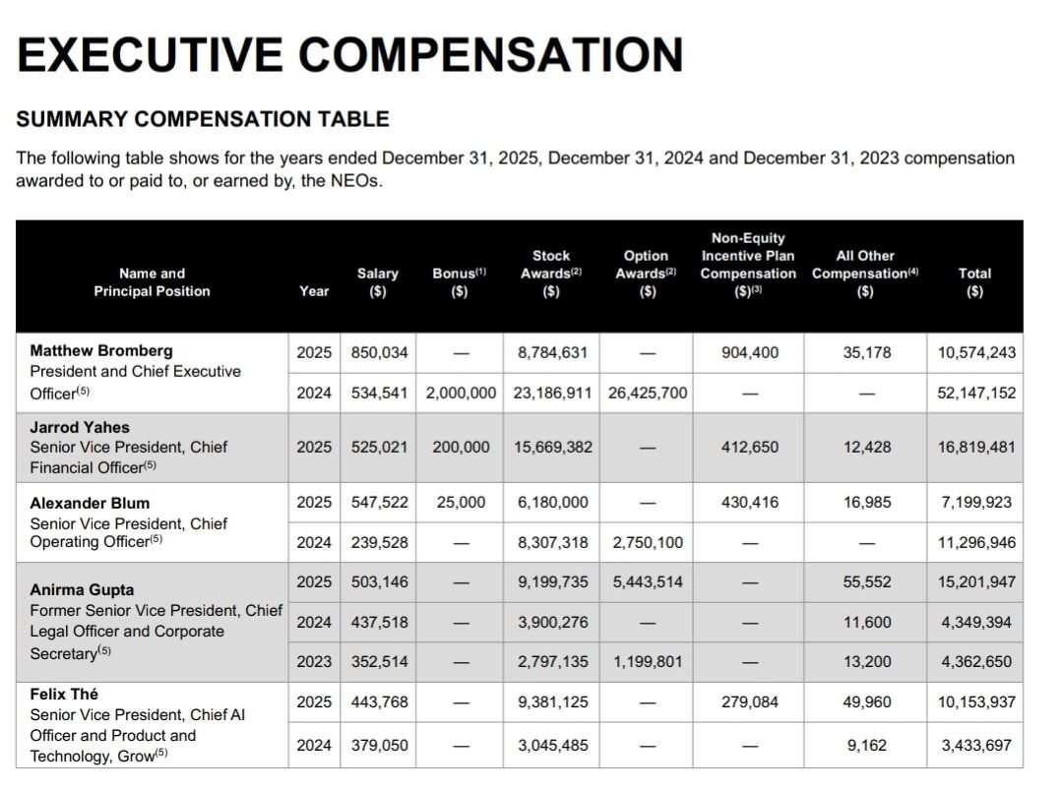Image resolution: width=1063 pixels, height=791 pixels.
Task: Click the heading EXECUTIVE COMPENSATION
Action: click(x=349, y=55)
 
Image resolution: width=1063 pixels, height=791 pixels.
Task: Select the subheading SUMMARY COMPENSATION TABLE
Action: click(x=203, y=119)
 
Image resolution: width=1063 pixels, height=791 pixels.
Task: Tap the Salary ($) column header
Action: click(x=378, y=281)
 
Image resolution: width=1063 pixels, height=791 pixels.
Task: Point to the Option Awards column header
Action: click(x=646, y=273)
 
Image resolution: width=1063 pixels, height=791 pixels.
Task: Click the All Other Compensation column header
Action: click(x=865, y=273)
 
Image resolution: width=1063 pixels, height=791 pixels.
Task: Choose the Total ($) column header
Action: click(x=974, y=281)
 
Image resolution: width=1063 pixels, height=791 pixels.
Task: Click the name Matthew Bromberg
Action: click(x=101, y=350)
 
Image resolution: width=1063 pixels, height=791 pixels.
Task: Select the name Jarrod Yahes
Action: click(x=80, y=427)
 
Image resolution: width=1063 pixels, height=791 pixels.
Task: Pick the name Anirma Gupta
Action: click(x=83, y=590)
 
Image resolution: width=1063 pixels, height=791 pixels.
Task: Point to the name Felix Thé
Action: click(x=64, y=694)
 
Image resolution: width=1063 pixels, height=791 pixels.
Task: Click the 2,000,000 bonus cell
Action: click(x=461, y=393)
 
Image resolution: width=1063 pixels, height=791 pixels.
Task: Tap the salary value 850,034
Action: click(x=380, y=351)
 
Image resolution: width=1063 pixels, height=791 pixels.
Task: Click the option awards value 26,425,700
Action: click(x=648, y=393)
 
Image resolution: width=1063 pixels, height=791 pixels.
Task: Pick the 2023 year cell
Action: click(x=314, y=661)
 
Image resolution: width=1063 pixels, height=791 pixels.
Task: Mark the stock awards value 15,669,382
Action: click(x=553, y=447)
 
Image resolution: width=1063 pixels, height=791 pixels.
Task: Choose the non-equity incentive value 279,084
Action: click(x=750, y=702)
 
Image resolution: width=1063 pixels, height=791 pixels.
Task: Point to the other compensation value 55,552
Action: click(x=866, y=581)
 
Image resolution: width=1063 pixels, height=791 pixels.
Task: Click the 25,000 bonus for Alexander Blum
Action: click(x=461, y=502)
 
